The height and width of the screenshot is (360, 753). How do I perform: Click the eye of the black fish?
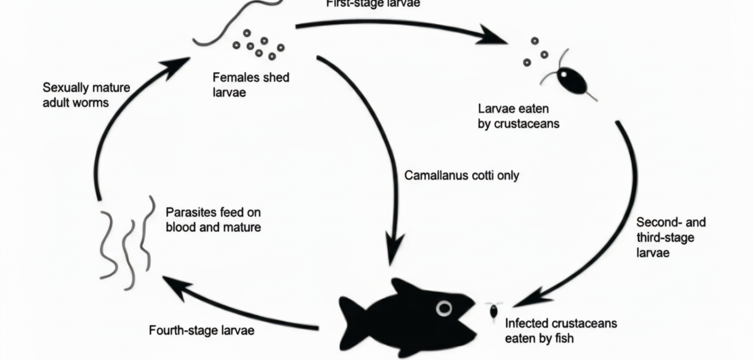(x=444, y=308)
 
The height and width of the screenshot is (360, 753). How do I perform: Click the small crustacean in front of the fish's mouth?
(x=494, y=311)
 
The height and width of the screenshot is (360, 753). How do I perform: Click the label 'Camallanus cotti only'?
(x=461, y=175)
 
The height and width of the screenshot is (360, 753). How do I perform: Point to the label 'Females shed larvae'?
(x=251, y=85)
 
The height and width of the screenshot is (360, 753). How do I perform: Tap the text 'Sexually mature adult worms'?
(x=86, y=95)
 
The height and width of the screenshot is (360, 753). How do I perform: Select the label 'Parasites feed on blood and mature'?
(x=213, y=219)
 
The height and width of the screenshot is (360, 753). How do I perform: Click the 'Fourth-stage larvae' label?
(x=202, y=330)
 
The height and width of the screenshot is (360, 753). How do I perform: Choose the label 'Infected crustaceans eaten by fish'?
(x=561, y=330)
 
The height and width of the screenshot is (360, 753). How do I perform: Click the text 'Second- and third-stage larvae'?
(x=671, y=237)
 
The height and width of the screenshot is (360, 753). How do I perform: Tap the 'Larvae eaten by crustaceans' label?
(x=518, y=116)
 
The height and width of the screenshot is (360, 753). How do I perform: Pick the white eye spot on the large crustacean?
(x=563, y=75)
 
